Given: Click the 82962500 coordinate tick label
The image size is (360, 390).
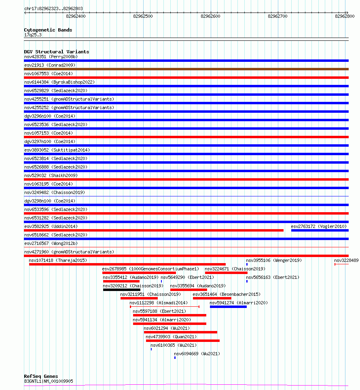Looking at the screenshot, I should tap(143, 16).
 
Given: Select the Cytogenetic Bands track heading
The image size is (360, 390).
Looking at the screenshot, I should tap(48, 30).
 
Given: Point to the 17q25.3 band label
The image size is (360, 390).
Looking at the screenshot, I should tap(33, 35).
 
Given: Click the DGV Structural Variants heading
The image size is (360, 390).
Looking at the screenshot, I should tap(56, 52).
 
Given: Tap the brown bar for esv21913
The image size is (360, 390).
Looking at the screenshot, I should tap(186, 69).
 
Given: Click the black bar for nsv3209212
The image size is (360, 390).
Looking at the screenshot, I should tap(122, 290).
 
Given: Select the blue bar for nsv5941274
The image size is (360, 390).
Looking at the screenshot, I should tap(228, 307).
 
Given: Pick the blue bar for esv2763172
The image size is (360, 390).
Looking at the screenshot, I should tap(320, 230).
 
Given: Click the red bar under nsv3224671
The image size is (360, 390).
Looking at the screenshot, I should tap(226, 273).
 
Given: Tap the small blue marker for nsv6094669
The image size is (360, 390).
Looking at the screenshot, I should tap(175, 358).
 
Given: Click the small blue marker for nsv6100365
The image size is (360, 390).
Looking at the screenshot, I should tap(151, 349).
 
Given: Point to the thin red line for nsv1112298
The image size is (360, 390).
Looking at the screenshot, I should tap(165, 307).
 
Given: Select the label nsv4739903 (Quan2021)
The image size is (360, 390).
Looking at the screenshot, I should tap(171, 337).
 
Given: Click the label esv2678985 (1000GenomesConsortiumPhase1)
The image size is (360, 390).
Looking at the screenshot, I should tap(150, 269).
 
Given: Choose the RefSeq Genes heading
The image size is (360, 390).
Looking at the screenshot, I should tap(41, 376).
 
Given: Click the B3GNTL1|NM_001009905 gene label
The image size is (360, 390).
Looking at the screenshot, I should tap(49, 381).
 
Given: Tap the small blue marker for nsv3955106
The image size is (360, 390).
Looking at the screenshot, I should tap(247, 264).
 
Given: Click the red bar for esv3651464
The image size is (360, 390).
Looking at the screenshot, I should tap(212, 298).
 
